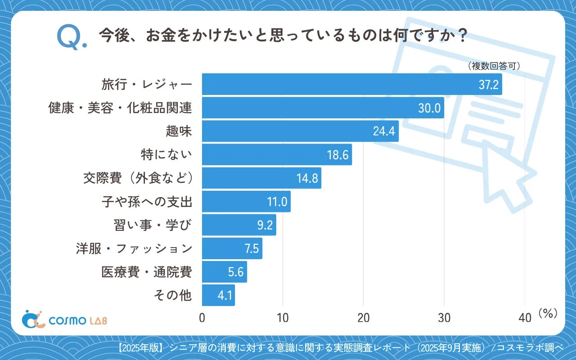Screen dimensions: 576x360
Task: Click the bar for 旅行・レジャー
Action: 351,84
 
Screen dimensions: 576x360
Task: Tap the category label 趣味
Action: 179,131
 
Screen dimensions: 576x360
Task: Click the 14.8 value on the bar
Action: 307,179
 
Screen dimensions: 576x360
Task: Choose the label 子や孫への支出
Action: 147,202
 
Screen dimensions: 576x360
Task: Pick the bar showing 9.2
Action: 238,225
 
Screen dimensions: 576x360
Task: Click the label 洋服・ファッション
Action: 134,248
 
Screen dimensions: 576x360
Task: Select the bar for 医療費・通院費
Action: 224,272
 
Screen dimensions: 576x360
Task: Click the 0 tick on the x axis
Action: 202,318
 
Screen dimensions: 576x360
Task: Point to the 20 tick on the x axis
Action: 363,318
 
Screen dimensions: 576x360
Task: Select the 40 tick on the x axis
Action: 525,318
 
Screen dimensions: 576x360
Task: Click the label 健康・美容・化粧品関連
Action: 120,108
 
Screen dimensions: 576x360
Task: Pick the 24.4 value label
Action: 384,131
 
